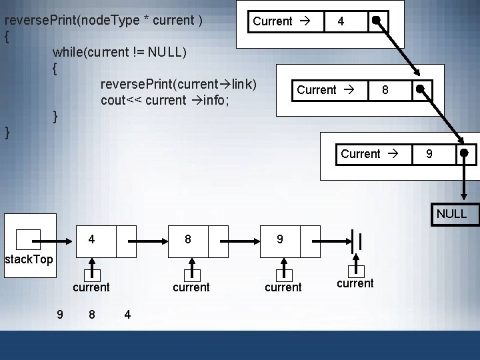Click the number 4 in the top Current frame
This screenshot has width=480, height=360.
341,21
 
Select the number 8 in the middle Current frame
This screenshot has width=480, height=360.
385,89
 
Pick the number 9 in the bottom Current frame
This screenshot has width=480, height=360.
430,154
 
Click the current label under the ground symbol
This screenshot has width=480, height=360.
355,283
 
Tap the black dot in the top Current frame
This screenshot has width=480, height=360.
377,20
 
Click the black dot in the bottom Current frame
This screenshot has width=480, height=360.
464,155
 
